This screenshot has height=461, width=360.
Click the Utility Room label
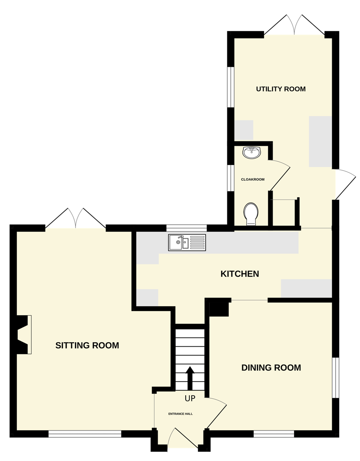(x=281, y=89)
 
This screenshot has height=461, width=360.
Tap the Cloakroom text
(x=253, y=179)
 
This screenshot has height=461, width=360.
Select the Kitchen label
(x=240, y=274)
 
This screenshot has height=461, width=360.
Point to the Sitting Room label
(x=87, y=345)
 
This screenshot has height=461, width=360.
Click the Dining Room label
(x=271, y=368)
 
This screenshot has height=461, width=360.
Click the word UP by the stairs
(x=190, y=399)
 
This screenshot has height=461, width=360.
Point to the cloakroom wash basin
(x=252, y=152)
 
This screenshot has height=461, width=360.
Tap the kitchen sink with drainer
(x=187, y=243)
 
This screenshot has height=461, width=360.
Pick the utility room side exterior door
(x=345, y=184)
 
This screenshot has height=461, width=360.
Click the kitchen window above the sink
(x=186, y=228)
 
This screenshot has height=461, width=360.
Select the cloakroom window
(x=231, y=178)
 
